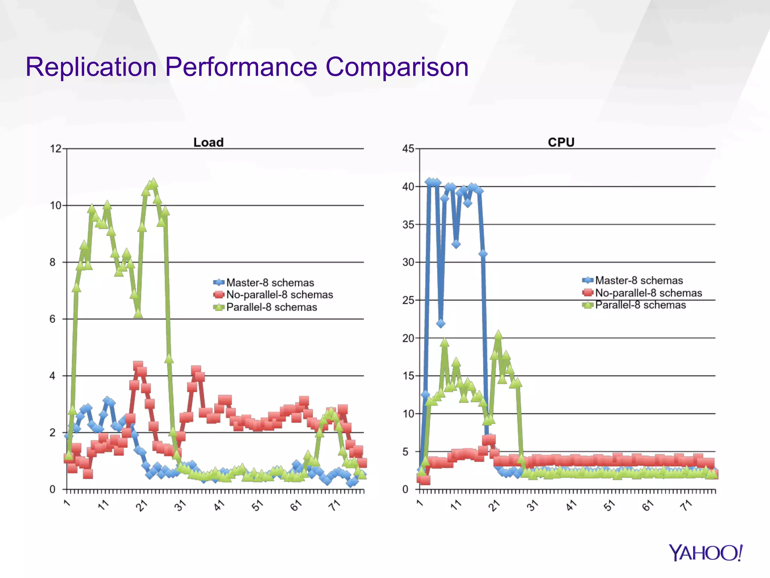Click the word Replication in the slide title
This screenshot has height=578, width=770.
pos(91,67)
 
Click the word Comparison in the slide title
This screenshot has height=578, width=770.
pos(397,67)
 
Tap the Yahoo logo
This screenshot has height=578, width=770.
pos(705,553)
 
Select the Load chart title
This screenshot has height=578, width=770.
pos(208,142)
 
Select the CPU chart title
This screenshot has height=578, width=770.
pos(561,142)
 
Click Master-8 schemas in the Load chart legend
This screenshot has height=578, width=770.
pos(270,283)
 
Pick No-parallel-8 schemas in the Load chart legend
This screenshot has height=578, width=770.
pos(279,295)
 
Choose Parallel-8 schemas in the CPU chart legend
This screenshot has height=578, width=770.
pos(640,305)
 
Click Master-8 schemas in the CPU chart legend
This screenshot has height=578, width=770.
pos(639,280)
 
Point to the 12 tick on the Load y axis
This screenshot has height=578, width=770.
pos(56,149)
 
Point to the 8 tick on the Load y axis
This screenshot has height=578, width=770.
pos(53,262)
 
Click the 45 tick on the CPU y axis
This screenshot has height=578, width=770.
pos(408,149)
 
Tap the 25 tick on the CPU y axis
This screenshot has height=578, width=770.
pos(408,300)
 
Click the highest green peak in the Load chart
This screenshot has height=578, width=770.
pos(153,183)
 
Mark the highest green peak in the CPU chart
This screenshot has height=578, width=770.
pos(498,335)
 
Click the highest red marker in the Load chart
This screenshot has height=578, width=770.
pos(138,365)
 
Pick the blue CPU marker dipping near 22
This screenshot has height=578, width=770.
pos(441,324)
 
